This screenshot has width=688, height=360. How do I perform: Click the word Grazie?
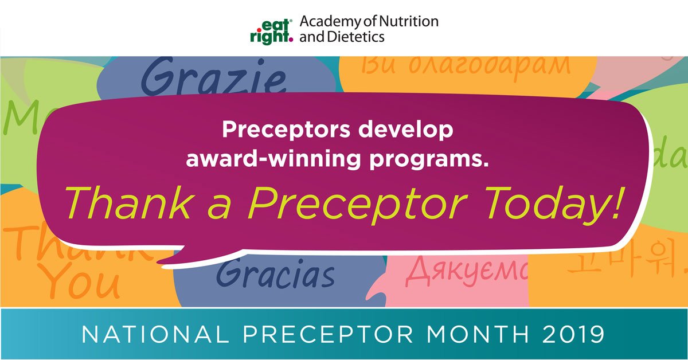click(213, 79)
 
